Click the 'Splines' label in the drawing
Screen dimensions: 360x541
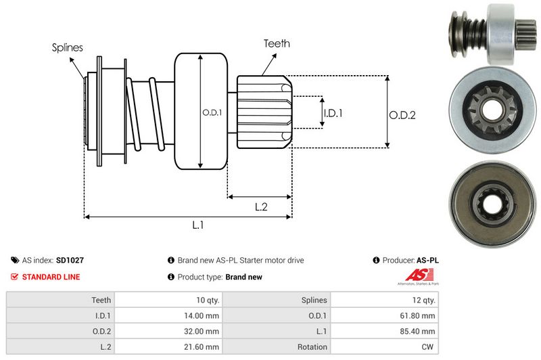coord(68,47)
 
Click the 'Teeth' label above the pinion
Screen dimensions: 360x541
coord(277,43)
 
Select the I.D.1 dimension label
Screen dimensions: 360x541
coord(333,113)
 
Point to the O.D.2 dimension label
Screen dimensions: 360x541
coord(402,115)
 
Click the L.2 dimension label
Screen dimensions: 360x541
coord(261,208)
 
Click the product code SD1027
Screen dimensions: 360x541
coord(70,260)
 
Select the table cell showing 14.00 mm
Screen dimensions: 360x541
coord(204,315)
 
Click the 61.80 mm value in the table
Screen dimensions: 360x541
coord(420,315)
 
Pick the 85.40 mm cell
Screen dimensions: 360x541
coord(420,331)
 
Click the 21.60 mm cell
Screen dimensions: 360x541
coord(204,347)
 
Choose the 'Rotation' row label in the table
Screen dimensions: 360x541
coord(312,347)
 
